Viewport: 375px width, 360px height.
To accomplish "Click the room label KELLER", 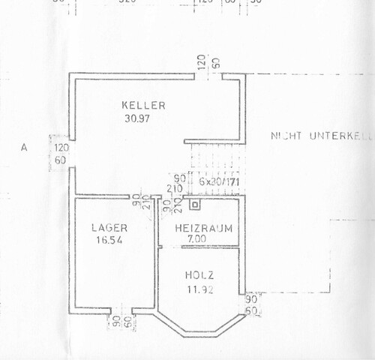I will point(142,105).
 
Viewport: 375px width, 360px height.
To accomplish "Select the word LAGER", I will point(109,227).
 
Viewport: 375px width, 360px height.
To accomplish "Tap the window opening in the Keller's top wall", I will point(205,75).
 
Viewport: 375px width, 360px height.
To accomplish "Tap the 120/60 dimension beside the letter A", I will point(59,153).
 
